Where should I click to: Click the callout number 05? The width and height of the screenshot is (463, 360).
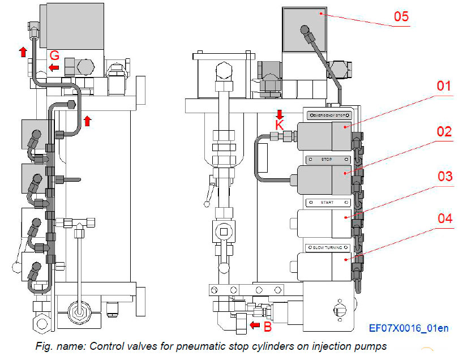click(401, 16)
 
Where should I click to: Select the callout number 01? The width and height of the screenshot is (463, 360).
click(443, 87)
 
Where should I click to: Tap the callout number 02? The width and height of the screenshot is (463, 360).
click(443, 132)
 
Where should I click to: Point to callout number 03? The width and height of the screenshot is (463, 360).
click(444, 177)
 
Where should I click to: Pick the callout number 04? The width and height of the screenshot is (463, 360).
click(444, 218)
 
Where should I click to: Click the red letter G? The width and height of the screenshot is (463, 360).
click(54, 55)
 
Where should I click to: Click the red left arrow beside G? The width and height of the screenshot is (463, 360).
click(54, 68)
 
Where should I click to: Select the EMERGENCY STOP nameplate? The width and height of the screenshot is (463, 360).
click(328, 115)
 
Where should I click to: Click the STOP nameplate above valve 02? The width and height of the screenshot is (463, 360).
click(327, 160)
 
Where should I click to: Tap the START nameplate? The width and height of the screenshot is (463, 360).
click(327, 202)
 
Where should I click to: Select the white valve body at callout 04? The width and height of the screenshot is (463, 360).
click(320, 267)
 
